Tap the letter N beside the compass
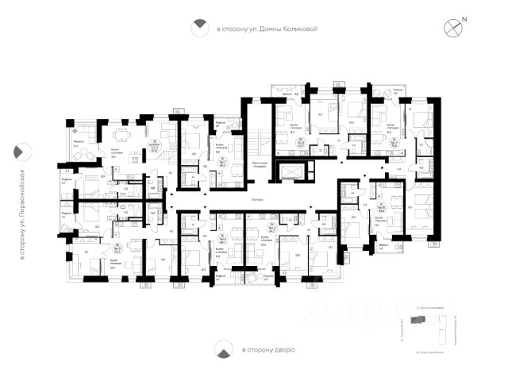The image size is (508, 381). click(x=464, y=19)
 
